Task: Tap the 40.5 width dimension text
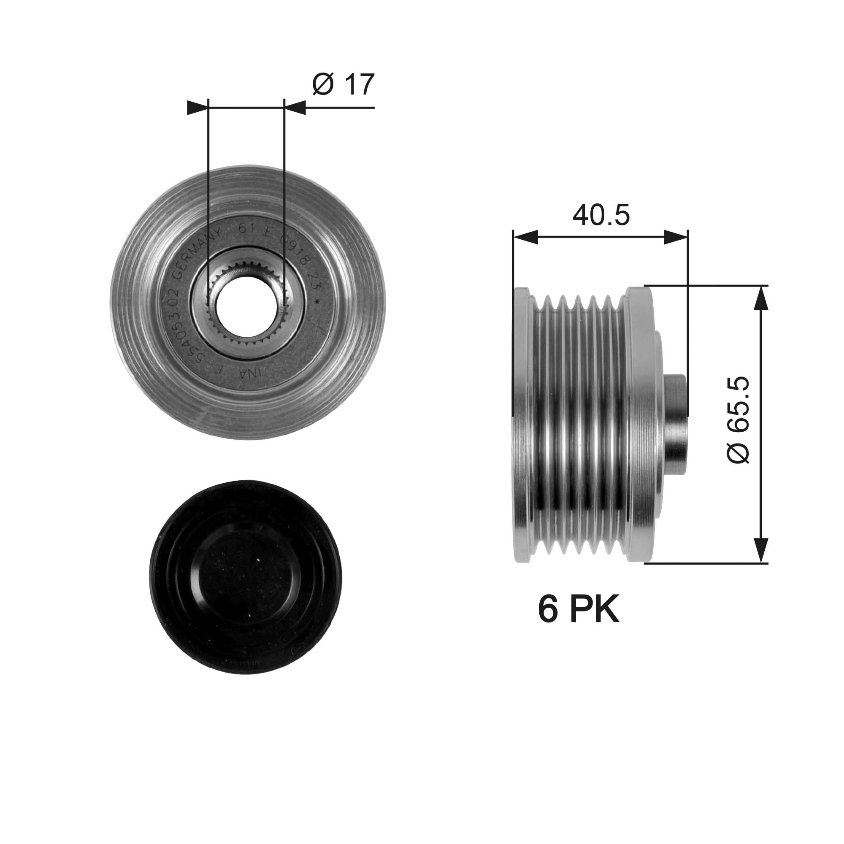(x=601, y=215)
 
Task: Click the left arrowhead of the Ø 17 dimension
(x=197, y=108)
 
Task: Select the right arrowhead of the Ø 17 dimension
(x=295, y=108)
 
